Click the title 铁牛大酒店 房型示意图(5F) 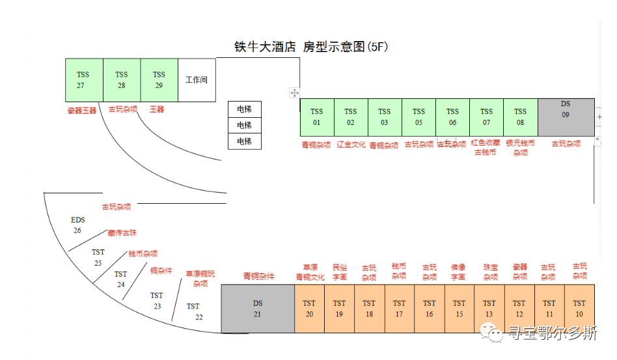[x=311, y=47]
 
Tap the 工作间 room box [x=197, y=80]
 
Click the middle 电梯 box [x=244, y=125]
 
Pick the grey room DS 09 [x=566, y=117]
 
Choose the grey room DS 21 [x=257, y=309]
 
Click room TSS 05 [x=418, y=117]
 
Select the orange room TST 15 [x=459, y=309]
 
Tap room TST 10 [x=579, y=309]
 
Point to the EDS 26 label [x=77, y=225]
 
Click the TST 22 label [x=194, y=311]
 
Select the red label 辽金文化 [x=351, y=145]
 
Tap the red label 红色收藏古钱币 [x=486, y=148]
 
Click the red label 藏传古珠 [x=122, y=232]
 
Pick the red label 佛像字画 [x=458, y=272]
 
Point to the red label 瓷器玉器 [x=81, y=111]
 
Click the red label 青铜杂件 [x=259, y=277]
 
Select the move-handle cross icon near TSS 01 [x=294, y=93]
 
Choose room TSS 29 [x=159, y=80]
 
